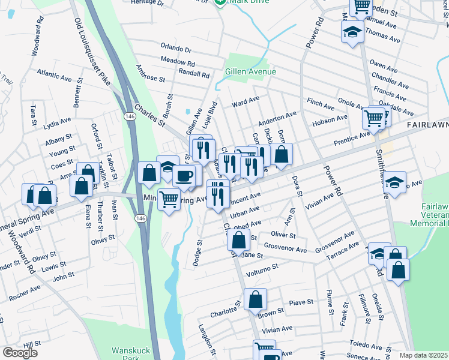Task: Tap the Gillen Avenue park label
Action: [x=250, y=71]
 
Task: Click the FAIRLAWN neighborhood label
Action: [x=427, y=124]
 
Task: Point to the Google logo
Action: [x=20, y=353]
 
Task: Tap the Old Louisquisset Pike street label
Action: [x=92, y=51]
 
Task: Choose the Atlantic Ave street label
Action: [x=54, y=76]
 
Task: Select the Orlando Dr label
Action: [x=176, y=47]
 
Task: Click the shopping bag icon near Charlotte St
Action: [x=255, y=298]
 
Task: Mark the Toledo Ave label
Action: [x=366, y=344]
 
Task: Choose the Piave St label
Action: [x=303, y=302]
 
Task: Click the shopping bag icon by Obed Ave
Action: [x=238, y=241]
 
